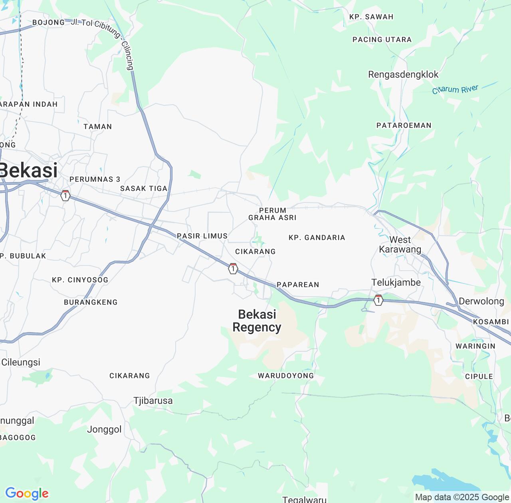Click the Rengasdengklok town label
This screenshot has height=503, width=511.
click(x=403, y=75)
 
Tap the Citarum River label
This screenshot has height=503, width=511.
click(x=455, y=89)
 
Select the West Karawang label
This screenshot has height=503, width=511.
click(x=400, y=245)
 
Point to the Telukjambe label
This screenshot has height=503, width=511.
click(x=396, y=283)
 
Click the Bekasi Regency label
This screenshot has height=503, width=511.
click(x=257, y=321)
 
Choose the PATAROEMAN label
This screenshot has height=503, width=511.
click(x=404, y=125)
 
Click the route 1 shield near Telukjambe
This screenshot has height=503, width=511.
click(x=378, y=300)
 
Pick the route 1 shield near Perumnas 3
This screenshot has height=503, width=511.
click(x=65, y=196)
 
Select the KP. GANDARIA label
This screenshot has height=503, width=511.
click(x=317, y=238)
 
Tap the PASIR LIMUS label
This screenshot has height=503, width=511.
click(x=202, y=236)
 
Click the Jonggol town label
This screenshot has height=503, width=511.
click(x=104, y=430)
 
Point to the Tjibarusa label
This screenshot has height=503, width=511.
click(x=153, y=401)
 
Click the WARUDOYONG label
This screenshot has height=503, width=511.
click(x=286, y=376)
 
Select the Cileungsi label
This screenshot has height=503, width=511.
click(x=21, y=362)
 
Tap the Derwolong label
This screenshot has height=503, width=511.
click(x=481, y=301)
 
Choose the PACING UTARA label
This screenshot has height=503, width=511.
click(x=382, y=40)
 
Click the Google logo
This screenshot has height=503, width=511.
click(x=27, y=494)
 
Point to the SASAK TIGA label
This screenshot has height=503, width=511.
click(x=144, y=188)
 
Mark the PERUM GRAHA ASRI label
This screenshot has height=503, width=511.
click(x=272, y=214)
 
